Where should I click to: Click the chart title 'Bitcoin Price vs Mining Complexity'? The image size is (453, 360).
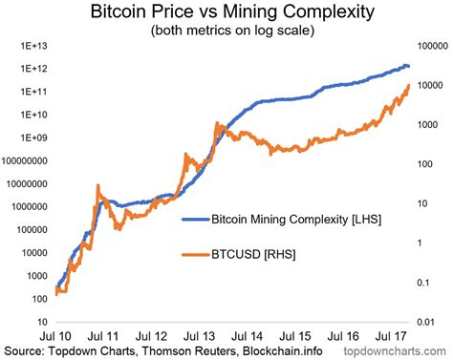226,13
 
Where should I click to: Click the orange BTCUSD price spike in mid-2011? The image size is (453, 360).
99,186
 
